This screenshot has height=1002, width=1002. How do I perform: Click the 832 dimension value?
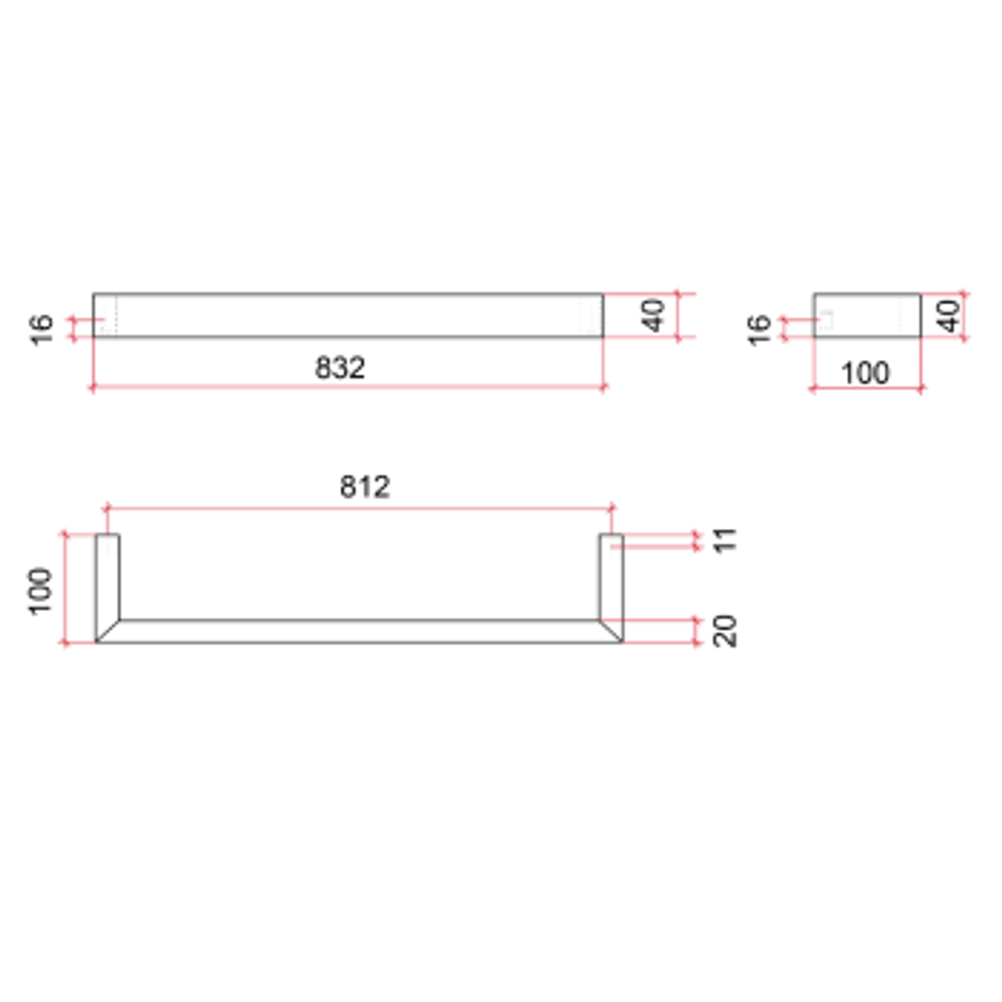click(340, 367)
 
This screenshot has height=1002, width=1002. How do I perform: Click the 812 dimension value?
click(364, 486)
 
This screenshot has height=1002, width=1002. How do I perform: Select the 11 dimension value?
click(726, 540)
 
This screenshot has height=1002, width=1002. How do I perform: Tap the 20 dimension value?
click(726, 631)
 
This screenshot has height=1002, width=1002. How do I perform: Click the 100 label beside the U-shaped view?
click(40, 590)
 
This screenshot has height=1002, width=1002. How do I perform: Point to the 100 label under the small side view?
click(865, 373)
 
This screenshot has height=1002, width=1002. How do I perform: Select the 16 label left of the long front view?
click(42, 329)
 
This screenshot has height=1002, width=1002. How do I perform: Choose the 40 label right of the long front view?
click(655, 315)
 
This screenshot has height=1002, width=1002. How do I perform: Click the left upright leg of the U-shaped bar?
click(108, 575)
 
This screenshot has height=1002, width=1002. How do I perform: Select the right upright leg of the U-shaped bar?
click(611, 575)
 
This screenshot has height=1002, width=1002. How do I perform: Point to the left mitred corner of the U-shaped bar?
click(108, 631)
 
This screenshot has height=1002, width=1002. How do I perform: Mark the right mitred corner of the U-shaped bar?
click(611, 631)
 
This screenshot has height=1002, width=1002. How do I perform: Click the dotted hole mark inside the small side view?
click(826, 319)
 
